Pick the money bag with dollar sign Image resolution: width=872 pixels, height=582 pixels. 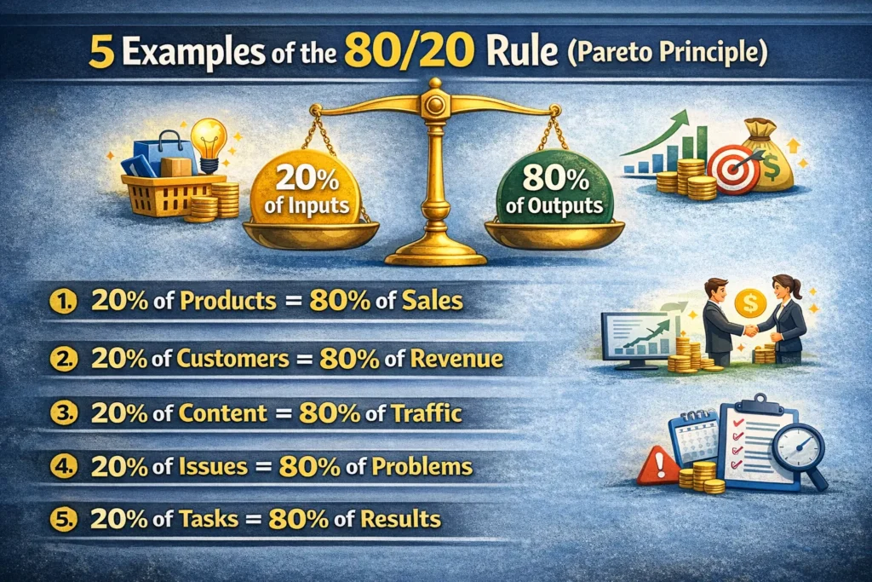[x=768, y=157]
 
